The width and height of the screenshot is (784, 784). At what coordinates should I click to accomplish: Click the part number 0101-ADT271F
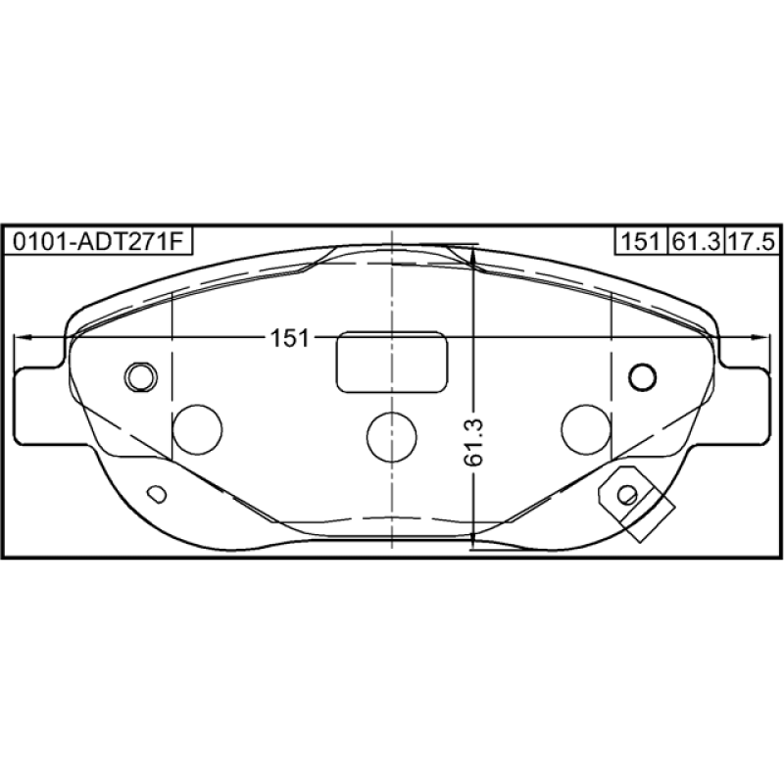point(97,242)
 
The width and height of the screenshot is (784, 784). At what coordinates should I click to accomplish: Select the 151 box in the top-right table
point(641,242)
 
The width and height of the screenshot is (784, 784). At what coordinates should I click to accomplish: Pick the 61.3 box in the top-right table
point(696,242)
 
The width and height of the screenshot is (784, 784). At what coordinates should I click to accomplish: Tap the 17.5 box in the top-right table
point(752,242)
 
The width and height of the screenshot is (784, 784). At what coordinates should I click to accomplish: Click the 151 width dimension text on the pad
point(290,338)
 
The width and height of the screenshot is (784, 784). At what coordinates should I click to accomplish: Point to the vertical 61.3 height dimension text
point(473,443)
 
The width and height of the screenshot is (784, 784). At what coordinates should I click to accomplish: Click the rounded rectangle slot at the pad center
point(392,362)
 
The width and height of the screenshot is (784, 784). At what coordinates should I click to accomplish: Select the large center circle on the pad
point(391,436)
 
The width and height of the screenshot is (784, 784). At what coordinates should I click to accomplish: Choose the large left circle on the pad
point(197,430)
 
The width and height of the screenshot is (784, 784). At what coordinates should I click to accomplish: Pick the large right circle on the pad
point(586,430)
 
